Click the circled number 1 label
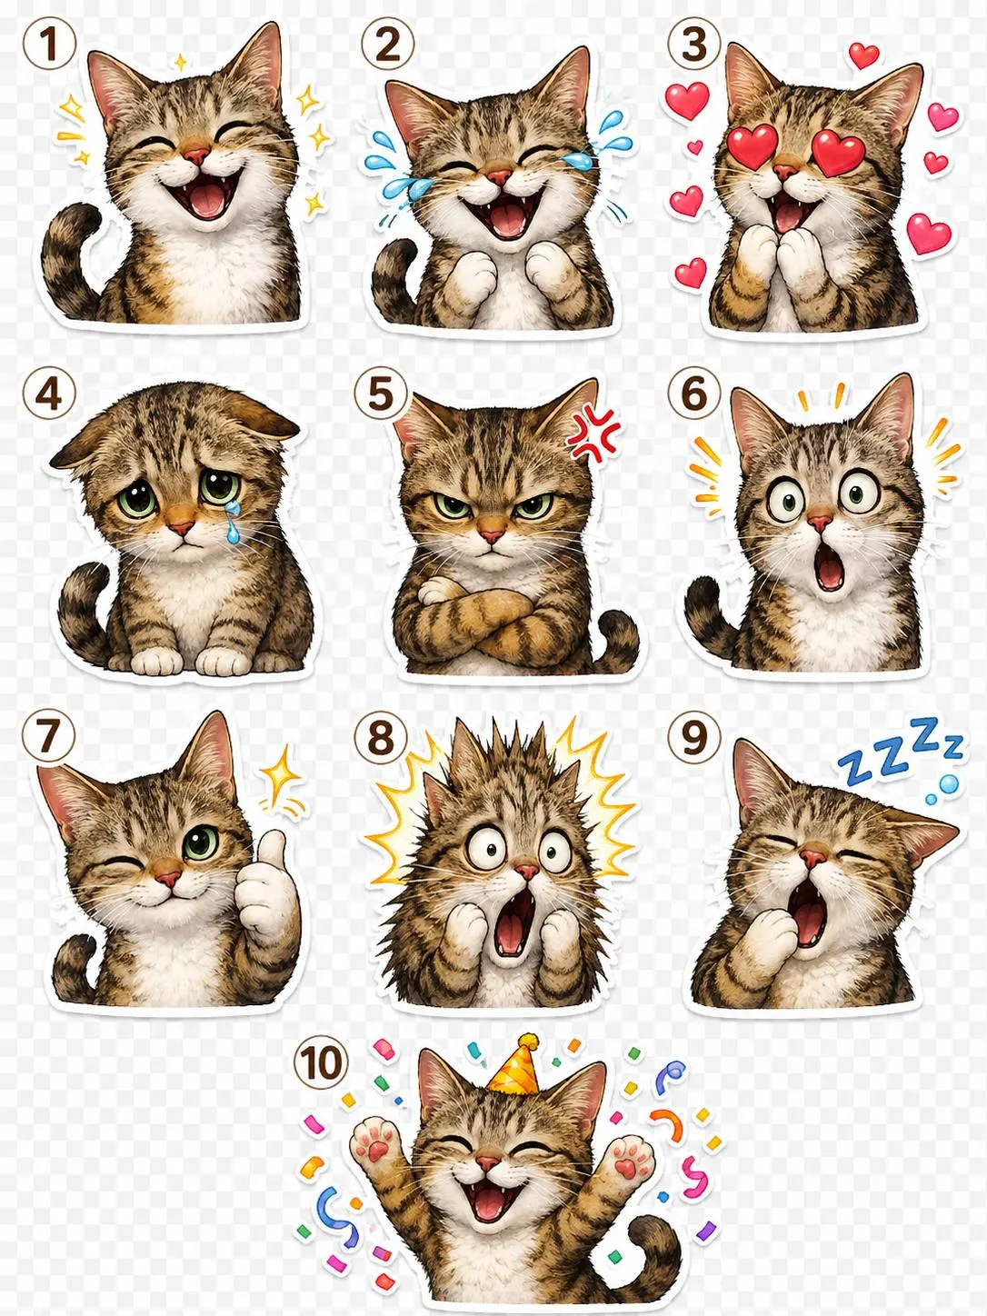[49, 45]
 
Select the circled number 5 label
[380, 395]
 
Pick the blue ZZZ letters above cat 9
[898, 750]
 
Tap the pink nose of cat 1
[196, 156]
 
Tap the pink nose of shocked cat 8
[526, 870]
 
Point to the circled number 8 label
[380, 738]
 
